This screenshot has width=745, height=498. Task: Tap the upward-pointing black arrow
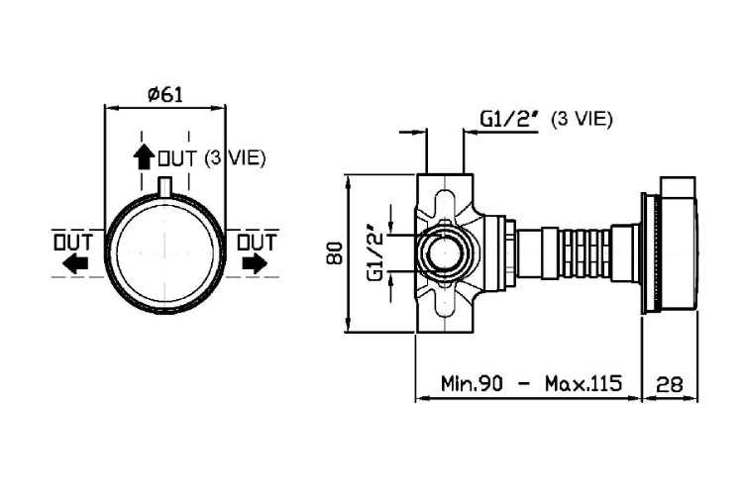coord(143,157)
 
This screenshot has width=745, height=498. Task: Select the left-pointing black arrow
coord(75,263)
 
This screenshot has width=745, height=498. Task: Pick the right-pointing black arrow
coord(255,263)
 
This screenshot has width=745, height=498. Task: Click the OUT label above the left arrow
coord(73,243)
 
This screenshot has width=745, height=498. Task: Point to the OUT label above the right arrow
coord(257,243)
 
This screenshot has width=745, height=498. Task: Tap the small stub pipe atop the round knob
coord(164,186)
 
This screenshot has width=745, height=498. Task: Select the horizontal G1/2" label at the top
coord(510,119)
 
